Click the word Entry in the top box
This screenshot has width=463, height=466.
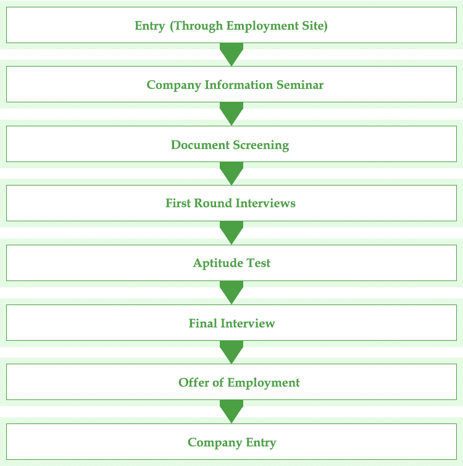click(149, 26)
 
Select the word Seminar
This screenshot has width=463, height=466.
click(300, 84)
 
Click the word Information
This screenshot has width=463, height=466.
click(239, 84)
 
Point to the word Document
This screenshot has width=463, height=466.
click(200, 145)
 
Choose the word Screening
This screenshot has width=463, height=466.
click(261, 145)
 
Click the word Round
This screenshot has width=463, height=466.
click(213, 203)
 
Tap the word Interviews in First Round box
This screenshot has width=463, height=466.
click(265, 203)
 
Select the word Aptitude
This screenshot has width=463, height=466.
click(218, 263)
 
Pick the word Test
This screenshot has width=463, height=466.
click(259, 263)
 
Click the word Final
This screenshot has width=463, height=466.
click(202, 323)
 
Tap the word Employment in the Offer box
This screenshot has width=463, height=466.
click(264, 383)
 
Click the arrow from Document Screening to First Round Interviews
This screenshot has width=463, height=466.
click(231, 174)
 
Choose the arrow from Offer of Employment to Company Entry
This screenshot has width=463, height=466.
click(231, 412)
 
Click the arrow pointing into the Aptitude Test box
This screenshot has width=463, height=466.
click(231, 233)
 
